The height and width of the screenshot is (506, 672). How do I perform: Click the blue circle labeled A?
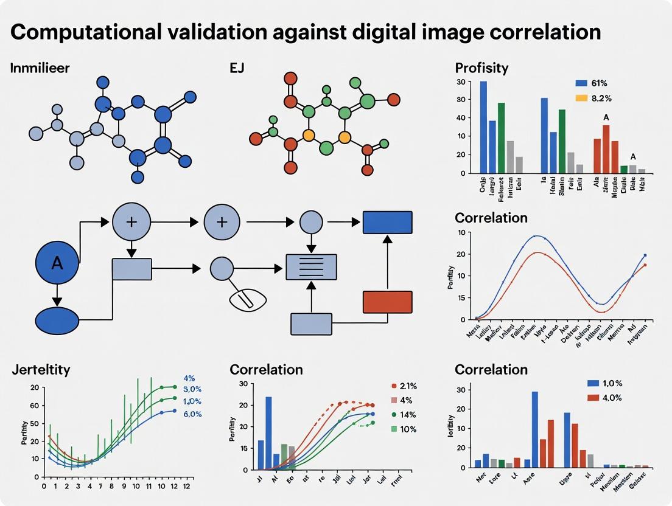57,263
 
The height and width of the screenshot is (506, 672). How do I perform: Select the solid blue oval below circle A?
57,321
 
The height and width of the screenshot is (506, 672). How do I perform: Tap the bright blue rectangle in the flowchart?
387,222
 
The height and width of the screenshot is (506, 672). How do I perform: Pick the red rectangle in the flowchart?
387,302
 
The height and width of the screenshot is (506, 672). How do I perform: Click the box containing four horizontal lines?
311,266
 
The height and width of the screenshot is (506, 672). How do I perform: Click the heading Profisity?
481,67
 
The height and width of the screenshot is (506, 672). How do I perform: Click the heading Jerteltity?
41,369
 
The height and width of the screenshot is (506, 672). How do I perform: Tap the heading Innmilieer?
40,68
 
